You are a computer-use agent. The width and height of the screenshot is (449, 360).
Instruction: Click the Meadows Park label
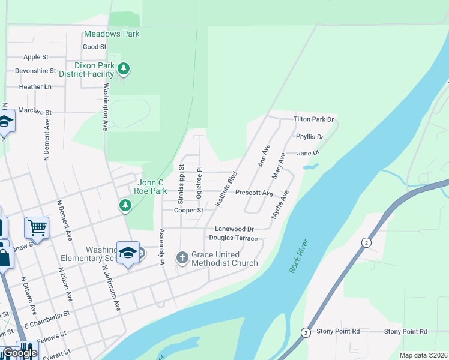(112, 34)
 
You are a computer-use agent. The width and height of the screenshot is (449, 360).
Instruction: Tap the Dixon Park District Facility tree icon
(124, 69)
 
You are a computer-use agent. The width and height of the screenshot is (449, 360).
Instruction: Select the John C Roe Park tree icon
(125, 206)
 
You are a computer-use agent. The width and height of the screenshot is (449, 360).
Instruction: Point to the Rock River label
(298, 256)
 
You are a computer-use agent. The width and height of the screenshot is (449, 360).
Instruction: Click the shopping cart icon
(37, 228)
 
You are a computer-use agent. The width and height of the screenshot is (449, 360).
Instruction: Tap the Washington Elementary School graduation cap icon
(128, 253)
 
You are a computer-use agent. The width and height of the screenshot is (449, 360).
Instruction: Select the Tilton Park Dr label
(313, 119)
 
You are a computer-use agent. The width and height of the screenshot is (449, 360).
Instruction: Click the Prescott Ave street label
(254, 193)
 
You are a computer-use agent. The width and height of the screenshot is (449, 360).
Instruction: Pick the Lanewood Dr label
(235, 229)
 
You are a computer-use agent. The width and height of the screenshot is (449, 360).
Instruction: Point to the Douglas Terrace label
(234, 238)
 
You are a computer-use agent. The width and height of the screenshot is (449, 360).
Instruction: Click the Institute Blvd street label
(227, 189)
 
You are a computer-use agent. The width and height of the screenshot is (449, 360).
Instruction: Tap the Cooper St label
(188, 211)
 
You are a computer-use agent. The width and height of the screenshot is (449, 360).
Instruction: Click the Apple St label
(36, 57)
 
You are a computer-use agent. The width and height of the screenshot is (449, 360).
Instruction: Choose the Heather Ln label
(35, 86)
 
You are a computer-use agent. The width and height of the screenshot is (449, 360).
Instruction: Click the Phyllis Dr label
(310, 137)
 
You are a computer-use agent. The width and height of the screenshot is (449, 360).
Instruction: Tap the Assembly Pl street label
(161, 247)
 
